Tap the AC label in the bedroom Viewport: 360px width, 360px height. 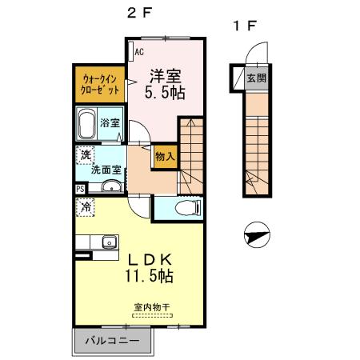coord(138,53)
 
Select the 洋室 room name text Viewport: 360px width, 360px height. coord(166,77)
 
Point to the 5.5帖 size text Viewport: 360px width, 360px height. coord(166,92)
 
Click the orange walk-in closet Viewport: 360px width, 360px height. coord(100,84)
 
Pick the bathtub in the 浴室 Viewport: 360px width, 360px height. coord(87,124)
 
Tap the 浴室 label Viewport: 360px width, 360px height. coord(110,124)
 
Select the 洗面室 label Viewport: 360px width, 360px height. coord(106,170)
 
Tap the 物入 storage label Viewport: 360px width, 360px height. coord(164,158)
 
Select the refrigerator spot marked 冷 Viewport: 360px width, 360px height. coord(86,206)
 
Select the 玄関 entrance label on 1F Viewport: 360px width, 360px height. coord(256,78)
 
